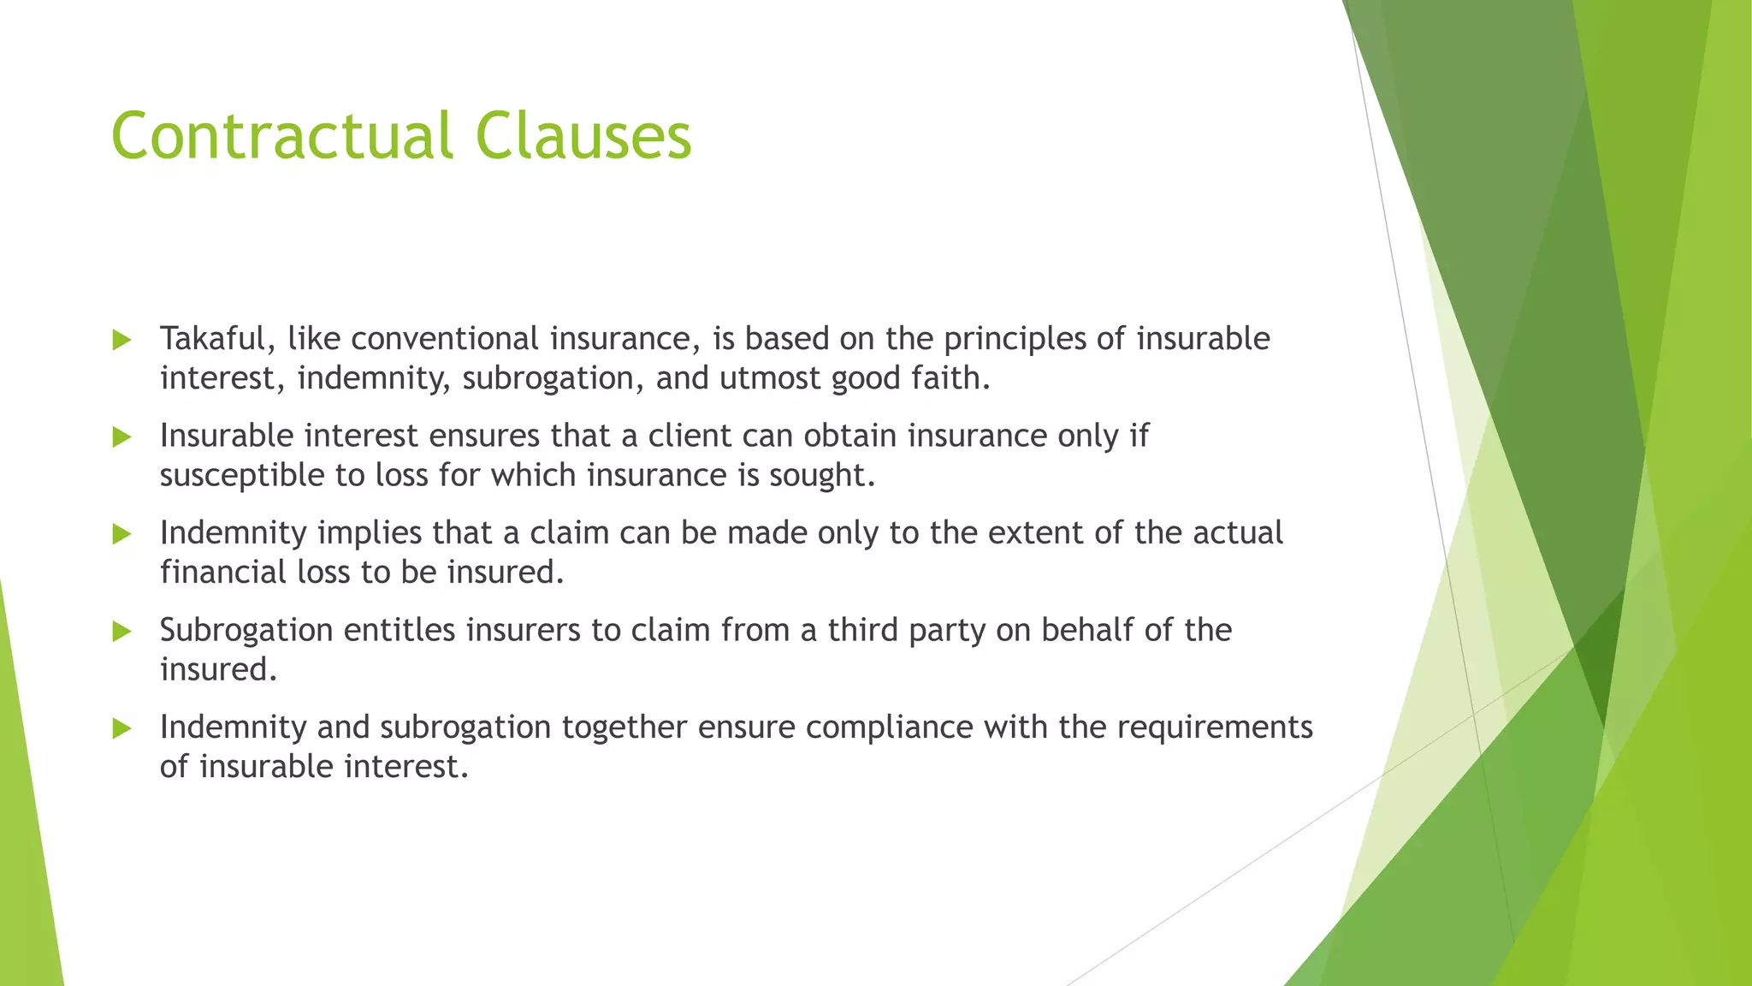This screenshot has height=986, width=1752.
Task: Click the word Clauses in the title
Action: coord(583,136)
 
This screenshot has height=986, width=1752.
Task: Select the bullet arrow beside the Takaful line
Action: coord(121,341)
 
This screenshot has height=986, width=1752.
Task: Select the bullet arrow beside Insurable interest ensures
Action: coord(121,437)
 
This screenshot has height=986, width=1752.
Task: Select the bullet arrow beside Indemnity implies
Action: coord(121,535)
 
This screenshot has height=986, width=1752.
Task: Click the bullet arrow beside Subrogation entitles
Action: coord(121,632)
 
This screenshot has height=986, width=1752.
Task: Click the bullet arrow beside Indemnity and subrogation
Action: coord(121,728)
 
